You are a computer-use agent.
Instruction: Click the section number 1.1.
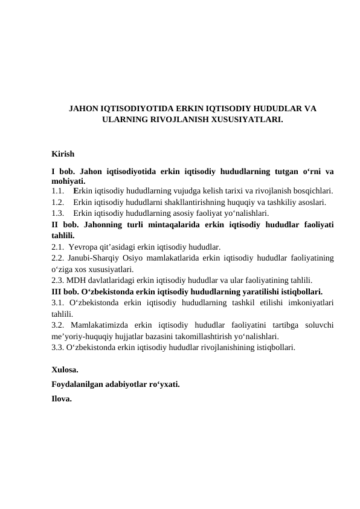tap(59, 191)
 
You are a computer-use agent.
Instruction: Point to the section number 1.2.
tap(59, 202)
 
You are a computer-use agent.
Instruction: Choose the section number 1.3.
tap(59, 213)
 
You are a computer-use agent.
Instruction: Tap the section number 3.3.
tap(59, 348)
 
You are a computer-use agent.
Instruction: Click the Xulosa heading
tap(65, 369)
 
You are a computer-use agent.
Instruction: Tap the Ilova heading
tap(62, 398)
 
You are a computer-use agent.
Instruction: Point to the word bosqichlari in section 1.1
tap(315, 191)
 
